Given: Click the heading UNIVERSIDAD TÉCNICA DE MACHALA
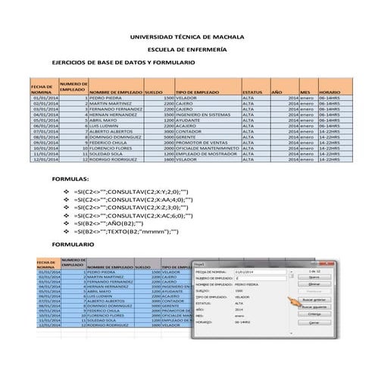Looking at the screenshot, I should pyautogui.click(x=188, y=37).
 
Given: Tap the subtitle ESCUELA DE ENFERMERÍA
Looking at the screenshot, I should pyautogui.click(x=186, y=49).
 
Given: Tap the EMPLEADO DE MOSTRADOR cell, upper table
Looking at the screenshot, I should pyautogui.click(x=205, y=153).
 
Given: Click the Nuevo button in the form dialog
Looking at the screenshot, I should pyautogui.click(x=314, y=277).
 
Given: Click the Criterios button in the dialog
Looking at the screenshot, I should pyautogui.click(x=314, y=314).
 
